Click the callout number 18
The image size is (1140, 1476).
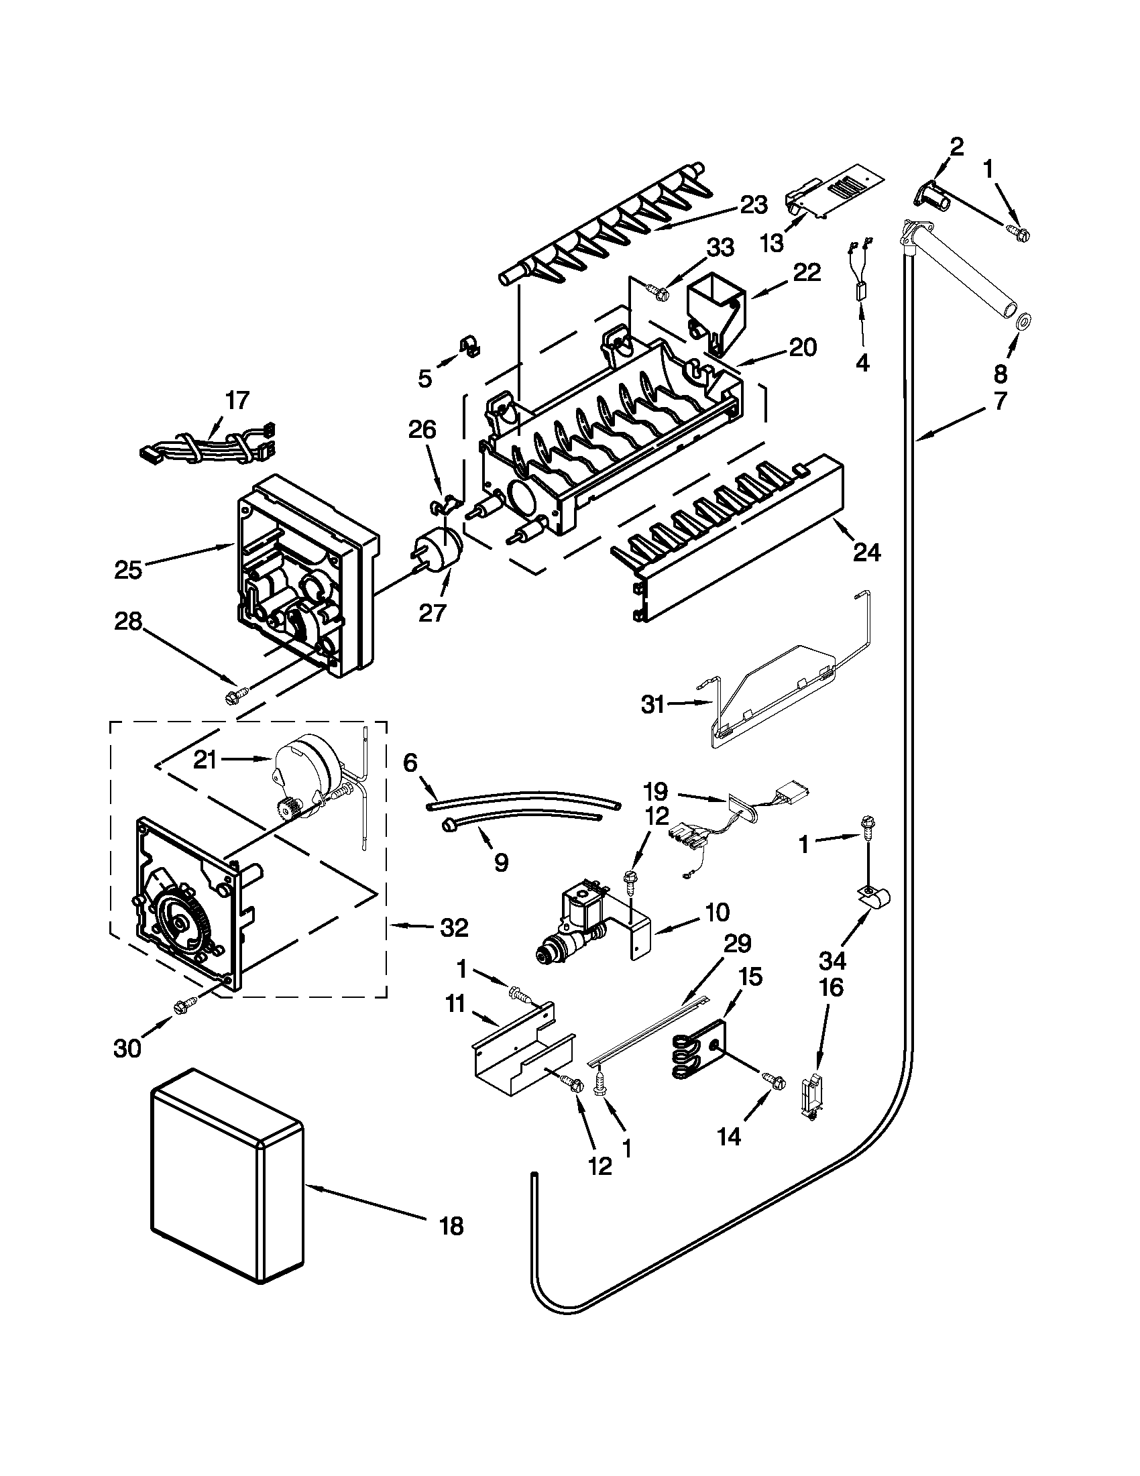coord(451,1226)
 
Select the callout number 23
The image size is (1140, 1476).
coord(752,205)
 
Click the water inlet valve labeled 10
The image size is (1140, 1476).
coord(581,926)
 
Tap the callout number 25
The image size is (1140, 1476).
coord(127,570)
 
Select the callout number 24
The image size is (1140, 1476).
coord(866,552)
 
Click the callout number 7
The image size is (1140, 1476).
coord(1000,400)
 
